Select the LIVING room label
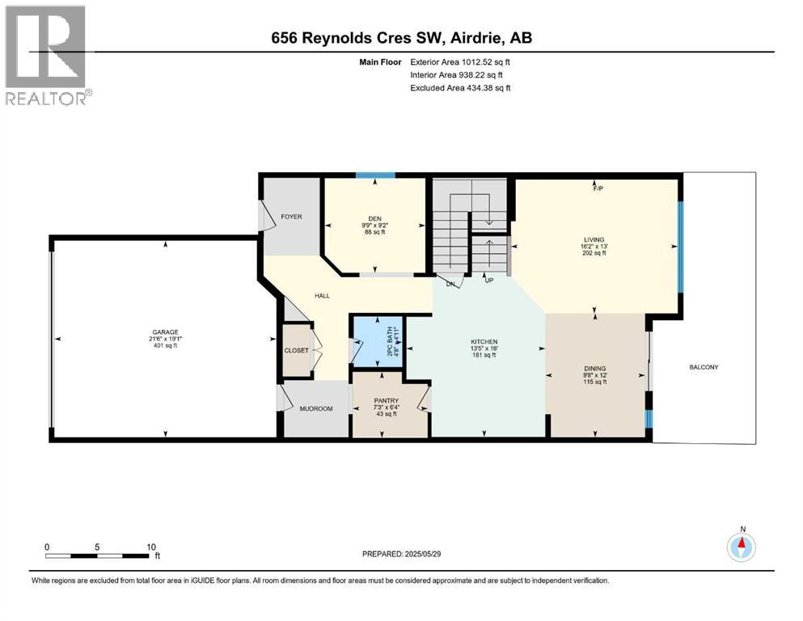point(595,239)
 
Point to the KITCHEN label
point(484,342)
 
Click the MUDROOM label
point(315,408)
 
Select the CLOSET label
point(296,350)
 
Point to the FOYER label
point(290,217)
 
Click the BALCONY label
point(704,367)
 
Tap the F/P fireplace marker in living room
point(598,189)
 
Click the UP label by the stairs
point(488,281)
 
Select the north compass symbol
point(742,547)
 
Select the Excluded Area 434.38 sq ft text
point(460,87)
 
